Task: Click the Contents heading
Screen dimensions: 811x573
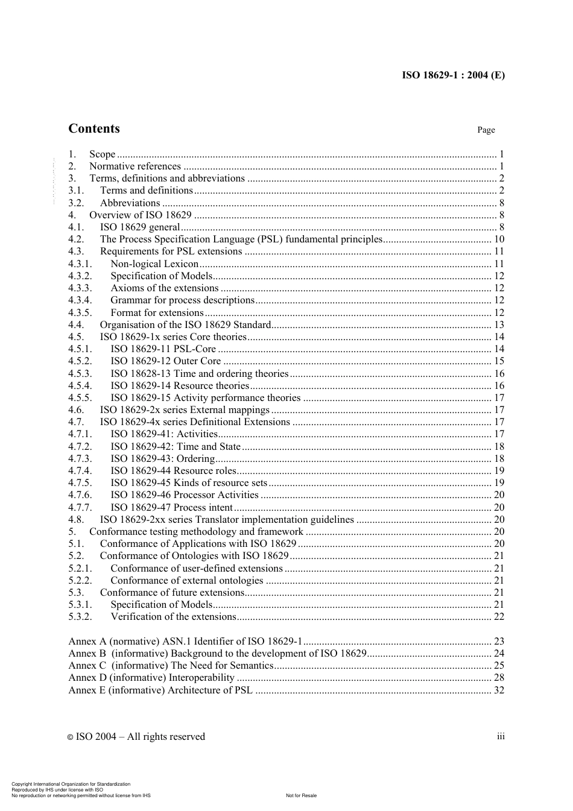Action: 94,128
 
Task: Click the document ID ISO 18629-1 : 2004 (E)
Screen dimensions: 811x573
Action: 453,75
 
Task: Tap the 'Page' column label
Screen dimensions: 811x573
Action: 486,130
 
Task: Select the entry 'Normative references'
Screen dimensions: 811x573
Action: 135,166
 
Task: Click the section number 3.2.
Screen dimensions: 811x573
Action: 76,203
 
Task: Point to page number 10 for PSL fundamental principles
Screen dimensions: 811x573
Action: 499,239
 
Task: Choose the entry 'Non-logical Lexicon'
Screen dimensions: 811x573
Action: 154,264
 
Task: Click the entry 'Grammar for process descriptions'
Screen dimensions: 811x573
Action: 182,300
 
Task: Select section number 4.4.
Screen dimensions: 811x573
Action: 76,325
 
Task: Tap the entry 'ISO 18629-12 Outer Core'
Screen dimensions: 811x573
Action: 166,361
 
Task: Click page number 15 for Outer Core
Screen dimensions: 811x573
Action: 499,361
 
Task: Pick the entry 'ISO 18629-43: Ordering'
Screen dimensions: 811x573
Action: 163,459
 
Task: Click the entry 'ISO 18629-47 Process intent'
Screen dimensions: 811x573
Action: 172,508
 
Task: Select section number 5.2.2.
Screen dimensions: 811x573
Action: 80,581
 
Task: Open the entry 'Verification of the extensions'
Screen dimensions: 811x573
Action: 173,617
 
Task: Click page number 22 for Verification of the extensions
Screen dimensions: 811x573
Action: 499,617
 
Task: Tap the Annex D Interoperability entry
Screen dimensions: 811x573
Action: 151,678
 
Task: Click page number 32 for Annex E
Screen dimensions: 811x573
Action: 499,690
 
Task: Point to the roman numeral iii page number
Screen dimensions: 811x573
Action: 501,736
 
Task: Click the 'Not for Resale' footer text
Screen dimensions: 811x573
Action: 301,795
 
